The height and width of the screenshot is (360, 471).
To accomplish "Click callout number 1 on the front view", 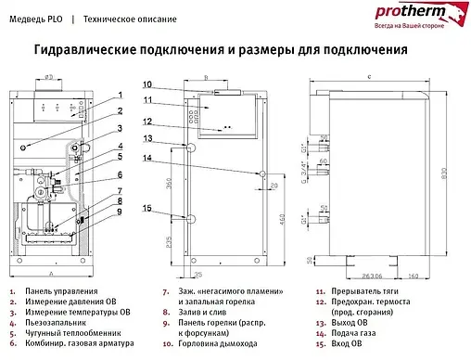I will coord(120,96).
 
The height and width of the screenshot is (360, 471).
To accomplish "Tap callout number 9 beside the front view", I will coord(120,212).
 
